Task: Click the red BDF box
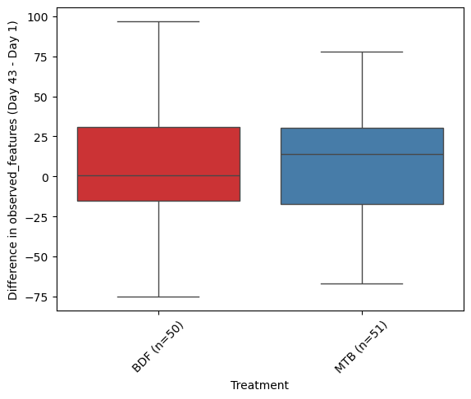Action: (158, 164)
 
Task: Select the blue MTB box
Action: (362, 166)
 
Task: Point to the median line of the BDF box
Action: (158, 176)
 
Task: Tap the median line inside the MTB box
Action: (362, 155)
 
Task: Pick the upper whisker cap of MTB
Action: (362, 52)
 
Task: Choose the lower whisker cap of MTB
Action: (362, 283)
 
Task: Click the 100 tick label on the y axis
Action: (38, 17)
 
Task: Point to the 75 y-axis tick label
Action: (41, 57)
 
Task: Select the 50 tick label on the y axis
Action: (41, 97)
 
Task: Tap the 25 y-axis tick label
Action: (41, 138)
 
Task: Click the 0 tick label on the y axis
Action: (45, 178)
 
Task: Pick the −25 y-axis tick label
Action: (37, 217)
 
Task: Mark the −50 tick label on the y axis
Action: (37, 258)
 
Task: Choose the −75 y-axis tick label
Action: (37, 297)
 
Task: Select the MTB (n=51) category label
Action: (361, 347)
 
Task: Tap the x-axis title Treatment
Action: (259, 385)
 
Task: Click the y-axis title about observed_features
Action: (12, 161)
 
